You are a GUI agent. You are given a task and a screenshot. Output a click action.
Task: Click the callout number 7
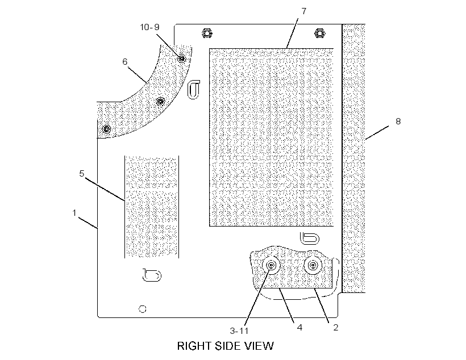[303, 11]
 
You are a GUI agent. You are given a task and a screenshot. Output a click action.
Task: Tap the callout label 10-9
[150, 27]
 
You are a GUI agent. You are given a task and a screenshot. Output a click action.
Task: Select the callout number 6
[125, 61]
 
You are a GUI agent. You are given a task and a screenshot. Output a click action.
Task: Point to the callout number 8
[398, 121]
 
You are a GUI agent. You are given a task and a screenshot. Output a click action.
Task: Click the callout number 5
[82, 173]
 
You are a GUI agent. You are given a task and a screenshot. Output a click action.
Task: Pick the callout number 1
[74, 213]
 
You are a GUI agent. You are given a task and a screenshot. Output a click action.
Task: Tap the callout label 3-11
[239, 330]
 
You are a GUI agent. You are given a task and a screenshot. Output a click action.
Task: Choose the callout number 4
[299, 327]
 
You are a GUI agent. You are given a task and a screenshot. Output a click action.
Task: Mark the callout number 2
[335, 327]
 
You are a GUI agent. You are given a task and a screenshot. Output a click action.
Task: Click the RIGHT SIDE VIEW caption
[225, 346]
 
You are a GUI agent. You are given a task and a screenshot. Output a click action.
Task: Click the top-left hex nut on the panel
[206, 33]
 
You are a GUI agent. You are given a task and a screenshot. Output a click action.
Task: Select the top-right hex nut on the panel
[319, 33]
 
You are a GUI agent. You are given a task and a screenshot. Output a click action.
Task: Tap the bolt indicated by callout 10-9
[182, 58]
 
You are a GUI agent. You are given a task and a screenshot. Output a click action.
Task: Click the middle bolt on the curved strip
[160, 102]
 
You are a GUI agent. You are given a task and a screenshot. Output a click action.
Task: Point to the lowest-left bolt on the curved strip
[107, 129]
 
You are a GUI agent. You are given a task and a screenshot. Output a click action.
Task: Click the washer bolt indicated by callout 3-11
[271, 265]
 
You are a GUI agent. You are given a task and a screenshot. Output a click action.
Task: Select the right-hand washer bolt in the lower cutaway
[313, 265]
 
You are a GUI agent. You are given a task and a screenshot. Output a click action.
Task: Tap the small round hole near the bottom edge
[143, 309]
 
